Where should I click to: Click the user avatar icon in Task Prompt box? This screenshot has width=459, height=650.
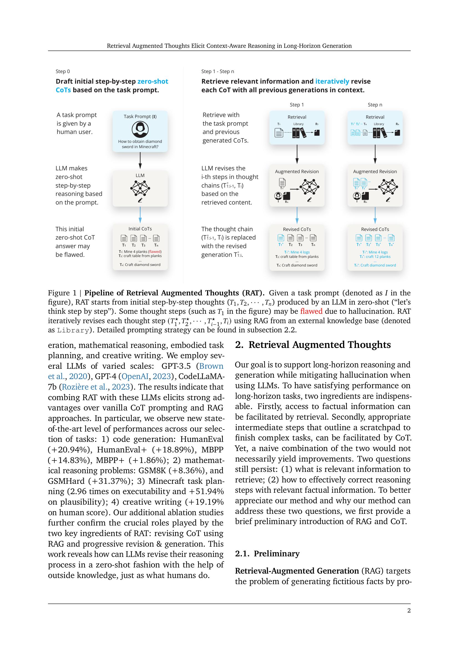click(x=140, y=129)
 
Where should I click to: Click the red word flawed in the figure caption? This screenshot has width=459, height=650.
click(x=311, y=311)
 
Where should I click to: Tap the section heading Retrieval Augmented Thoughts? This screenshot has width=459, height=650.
click(x=319, y=345)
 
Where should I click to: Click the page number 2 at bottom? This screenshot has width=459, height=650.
click(x=409, y=611)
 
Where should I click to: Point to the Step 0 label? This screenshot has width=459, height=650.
click(x=63, y=71)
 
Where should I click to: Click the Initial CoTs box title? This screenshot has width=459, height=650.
click(x=140, y=229)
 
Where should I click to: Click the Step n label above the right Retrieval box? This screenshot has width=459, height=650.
click(x=375, y=105)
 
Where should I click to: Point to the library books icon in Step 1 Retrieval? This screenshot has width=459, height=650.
click(x=299, y=133)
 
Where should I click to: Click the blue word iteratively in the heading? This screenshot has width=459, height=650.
click(x=332, y=81)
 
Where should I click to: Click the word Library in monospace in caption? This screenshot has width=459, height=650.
click(x=73, y=330)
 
